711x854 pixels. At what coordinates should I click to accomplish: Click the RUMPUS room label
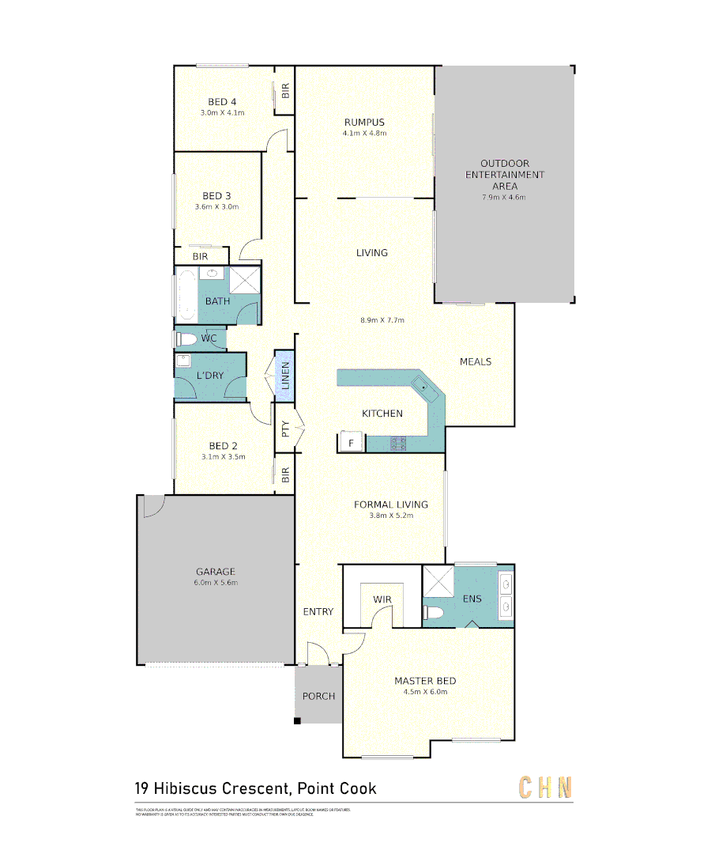[364, 122]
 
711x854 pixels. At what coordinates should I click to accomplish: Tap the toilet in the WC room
[186, 339]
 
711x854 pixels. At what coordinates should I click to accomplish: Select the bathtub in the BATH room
[186, 296]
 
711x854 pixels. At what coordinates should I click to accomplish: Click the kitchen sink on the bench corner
[422, 387]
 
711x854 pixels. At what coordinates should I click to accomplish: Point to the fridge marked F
[350, 443]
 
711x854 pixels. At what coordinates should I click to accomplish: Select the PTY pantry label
[285, 430]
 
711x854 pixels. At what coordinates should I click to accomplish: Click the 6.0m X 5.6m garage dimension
[216, 582]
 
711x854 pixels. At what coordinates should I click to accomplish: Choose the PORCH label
[318, 697]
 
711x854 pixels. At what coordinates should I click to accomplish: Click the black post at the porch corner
[298, 720]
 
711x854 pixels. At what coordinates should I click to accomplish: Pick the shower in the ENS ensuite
[437, 581]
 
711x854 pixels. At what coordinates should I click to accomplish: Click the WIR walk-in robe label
[382, 600]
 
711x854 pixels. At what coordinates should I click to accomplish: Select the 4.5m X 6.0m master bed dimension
[425, 691]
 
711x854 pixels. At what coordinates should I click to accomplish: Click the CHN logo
[544, 788]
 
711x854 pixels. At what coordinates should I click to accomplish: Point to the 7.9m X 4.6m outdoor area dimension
[504, 197]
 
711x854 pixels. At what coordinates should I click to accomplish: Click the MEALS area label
[476, 361]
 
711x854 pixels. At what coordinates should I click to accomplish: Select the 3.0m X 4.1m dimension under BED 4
[222, 112]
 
